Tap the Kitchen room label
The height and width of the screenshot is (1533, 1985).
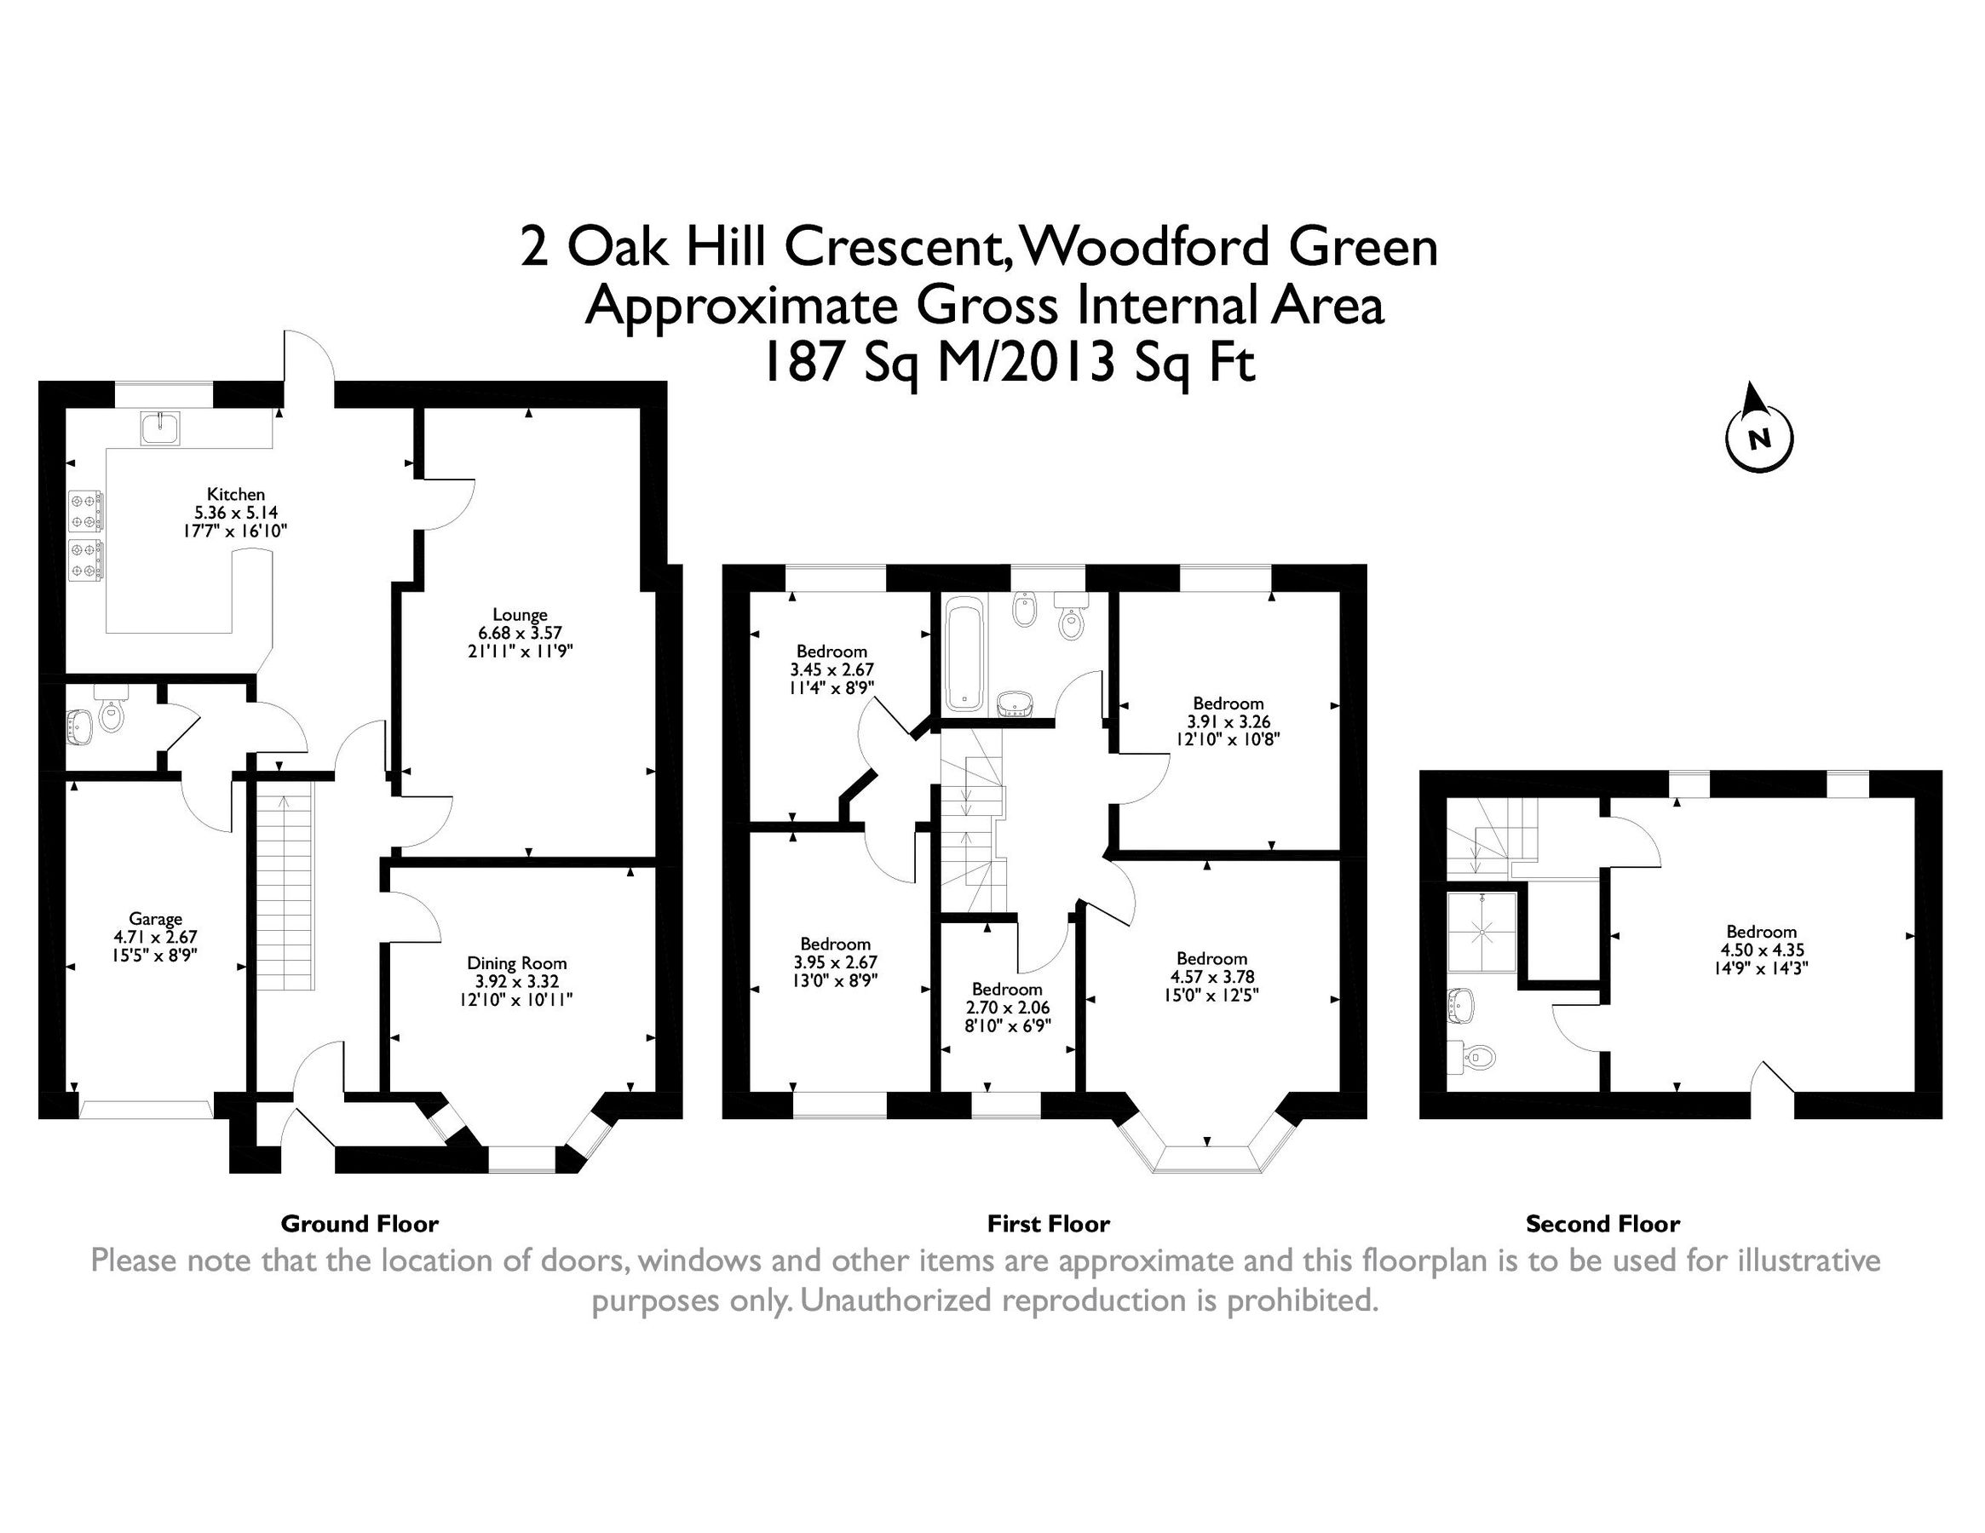tap(235, 494)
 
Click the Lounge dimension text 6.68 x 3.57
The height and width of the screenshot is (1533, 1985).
tap(520, 633)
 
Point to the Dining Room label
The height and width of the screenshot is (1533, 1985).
tap(516, 963)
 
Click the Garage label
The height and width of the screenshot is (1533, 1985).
tap(155, 919)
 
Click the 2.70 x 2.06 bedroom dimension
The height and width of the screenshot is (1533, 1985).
tap(1007, 1008)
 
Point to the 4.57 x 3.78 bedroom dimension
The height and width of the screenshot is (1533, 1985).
tap(1211, 977)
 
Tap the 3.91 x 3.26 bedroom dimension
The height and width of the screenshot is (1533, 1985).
tap(1228, 721)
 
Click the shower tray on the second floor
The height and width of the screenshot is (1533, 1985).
tap(1482, 933)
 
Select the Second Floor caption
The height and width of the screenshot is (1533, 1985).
tap(1602, 1224)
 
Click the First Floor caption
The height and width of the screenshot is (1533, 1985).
tap(1048, 1224)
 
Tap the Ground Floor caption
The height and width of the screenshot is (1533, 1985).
tap(359, 1224)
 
